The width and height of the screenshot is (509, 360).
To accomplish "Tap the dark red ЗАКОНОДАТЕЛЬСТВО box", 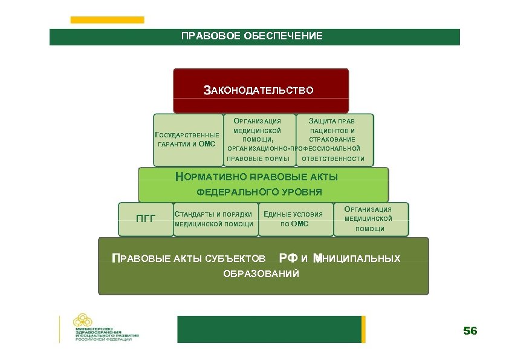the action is [x=261, y=91].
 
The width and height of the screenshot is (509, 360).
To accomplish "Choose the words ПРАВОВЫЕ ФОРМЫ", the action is [x=258, y=159].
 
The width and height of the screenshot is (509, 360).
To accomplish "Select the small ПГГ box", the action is [x=145, y=218].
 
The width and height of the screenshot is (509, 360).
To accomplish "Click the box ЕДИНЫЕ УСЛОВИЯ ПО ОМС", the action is [x=295, y=219].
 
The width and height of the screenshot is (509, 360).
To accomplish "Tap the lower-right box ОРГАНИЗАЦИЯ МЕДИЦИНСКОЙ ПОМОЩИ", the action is [x=369, y=219].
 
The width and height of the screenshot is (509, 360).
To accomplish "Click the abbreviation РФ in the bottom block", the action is [x=288, y=259].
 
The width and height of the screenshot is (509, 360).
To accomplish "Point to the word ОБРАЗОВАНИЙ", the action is [x=261, y=274].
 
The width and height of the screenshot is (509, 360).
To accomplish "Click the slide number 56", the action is [x=470, y=331].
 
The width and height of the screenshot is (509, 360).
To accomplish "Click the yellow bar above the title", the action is [x=107, y=20].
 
